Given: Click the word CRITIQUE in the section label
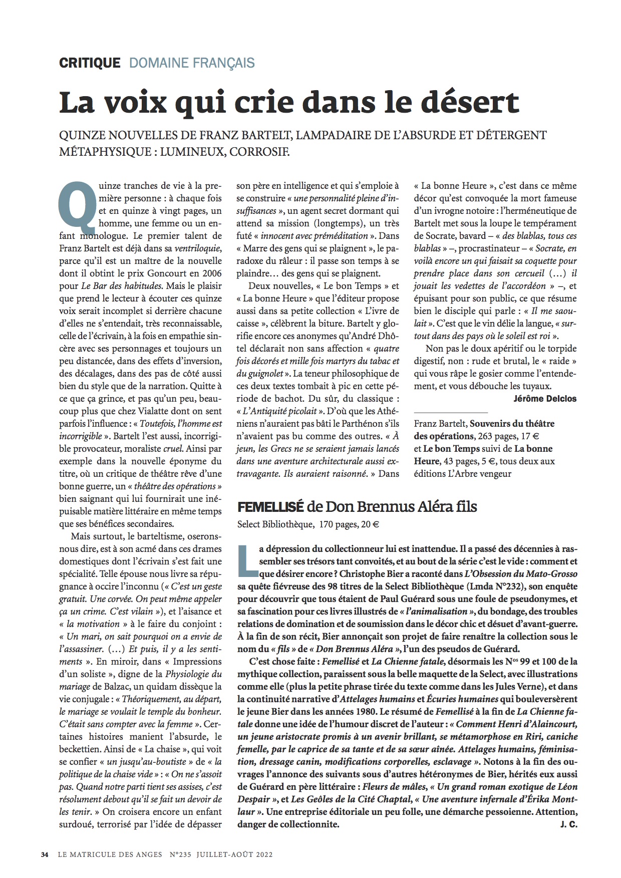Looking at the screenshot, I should [90, 63].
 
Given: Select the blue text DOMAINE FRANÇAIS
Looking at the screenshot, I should [192, 63].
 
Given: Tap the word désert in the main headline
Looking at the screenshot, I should [468, 102].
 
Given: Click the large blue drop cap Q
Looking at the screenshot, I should [76, 203].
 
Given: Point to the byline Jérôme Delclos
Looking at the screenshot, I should [545, 399].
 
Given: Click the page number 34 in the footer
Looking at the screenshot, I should [45, 854].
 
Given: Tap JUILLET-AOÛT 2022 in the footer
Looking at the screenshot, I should [234, 854].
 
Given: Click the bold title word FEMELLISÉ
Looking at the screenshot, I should [270, 507].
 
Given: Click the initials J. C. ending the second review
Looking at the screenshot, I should [569, 824].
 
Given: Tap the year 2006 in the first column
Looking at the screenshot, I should [211, 273].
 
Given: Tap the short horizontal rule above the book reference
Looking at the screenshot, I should [450, 412].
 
